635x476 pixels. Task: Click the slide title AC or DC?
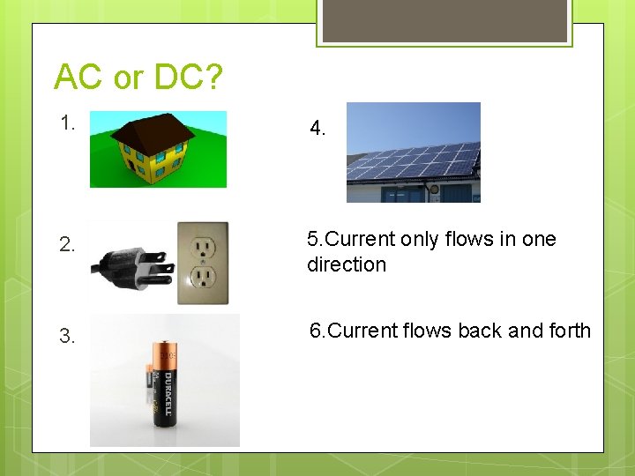[x=138, y=78]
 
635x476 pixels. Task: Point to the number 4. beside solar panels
[x=318, y=129]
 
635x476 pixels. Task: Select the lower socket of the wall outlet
[x=204, y=279]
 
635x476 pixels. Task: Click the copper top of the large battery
[x=167, y=353]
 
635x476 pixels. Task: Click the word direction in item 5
[x=347, y=264]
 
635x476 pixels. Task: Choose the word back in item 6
[x=481, y=331]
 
